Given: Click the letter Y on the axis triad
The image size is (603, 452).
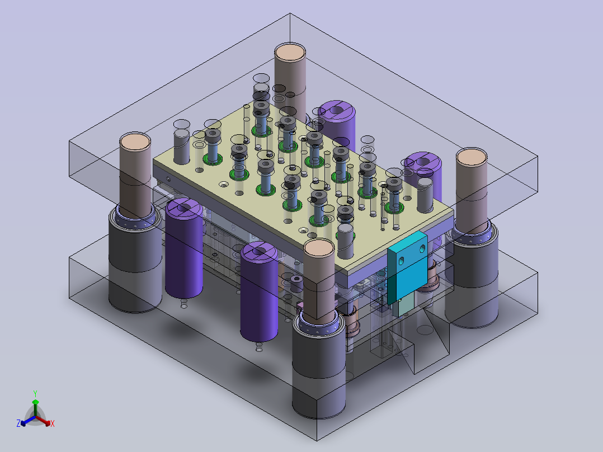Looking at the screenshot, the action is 35,393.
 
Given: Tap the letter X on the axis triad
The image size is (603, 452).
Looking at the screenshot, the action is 53,423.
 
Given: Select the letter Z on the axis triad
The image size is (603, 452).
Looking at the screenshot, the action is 18,423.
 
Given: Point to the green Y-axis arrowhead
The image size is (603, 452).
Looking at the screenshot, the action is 35,402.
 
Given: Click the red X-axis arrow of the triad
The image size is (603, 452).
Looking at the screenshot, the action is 43,421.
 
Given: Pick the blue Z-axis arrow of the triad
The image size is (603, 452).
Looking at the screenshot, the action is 28,421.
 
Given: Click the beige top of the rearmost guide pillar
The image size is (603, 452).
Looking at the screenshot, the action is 290,53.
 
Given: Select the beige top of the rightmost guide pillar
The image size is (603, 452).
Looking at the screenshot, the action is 472,157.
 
